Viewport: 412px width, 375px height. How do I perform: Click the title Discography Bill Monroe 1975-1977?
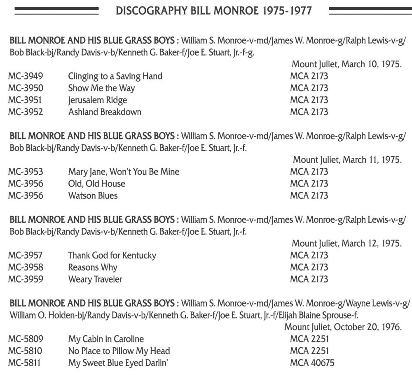(213, 10)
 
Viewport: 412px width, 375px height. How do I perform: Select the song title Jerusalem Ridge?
(97, 100)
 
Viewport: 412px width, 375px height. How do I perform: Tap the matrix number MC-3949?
(26, 76)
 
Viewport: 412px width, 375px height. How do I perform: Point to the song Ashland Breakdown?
(105, 112)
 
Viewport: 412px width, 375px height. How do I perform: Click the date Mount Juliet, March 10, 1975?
(346, 64)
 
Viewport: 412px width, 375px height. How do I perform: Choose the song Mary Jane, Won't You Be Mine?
(124, 172)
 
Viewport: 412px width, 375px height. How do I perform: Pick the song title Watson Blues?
(93, 196)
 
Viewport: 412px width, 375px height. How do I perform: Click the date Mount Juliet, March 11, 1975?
(347, 160)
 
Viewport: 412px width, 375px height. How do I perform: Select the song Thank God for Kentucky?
(112, 255)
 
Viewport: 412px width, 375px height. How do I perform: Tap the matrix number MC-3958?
(26, 267)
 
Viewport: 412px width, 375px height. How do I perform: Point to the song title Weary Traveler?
(95, 279)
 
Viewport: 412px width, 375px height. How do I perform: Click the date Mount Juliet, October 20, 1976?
(343, 327)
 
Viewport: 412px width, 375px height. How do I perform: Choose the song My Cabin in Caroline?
(106, 339)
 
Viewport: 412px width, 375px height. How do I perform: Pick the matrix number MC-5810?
(26, 351)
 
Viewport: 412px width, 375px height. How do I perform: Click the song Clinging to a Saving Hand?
(115, 76)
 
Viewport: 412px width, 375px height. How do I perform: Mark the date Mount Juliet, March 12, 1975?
(346, 243)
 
